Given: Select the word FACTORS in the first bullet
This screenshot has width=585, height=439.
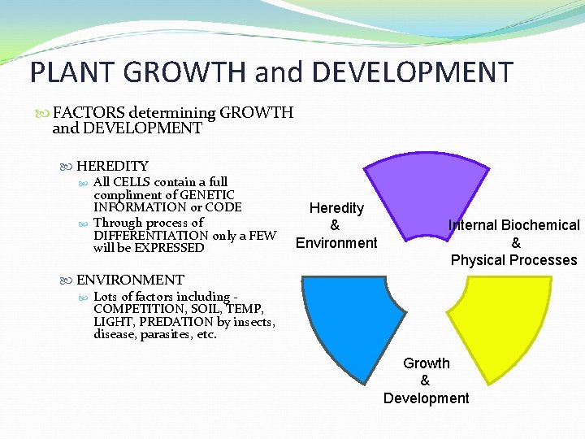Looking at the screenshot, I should tap(89, 113).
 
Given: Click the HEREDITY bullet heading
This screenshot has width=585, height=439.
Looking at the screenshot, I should tap(112, 166).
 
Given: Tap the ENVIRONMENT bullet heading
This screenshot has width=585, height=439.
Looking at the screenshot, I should tap(130, 280).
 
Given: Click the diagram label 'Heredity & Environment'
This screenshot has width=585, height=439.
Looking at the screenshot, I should tap(336, 225).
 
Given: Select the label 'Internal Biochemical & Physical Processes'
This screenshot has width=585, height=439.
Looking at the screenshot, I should tap(514, 242).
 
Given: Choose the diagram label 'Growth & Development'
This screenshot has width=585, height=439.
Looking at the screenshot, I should tap(426, 380).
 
